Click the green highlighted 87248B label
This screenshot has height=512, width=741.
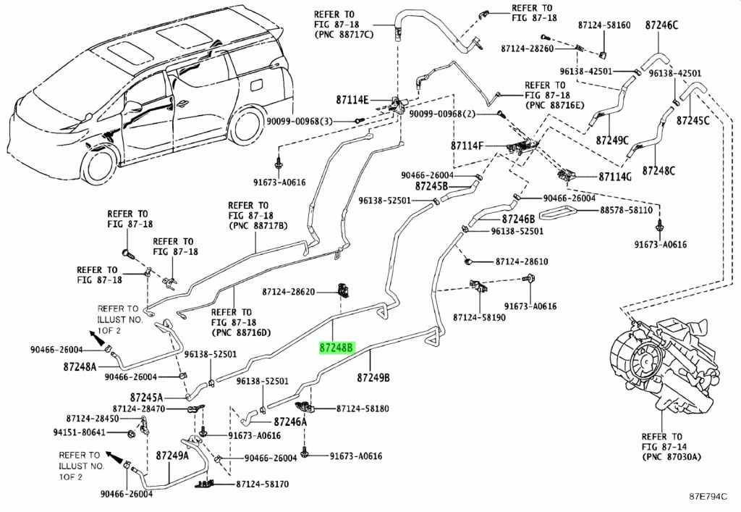(336, 348)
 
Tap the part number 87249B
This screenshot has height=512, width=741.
(373, 377)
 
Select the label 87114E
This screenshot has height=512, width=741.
(352, 100)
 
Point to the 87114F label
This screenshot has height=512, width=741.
(467, 146)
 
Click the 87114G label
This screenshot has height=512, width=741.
(615, 177)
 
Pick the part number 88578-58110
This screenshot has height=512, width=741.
(626, 210)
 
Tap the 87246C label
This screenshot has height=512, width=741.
(661, 25)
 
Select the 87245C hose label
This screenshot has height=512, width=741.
(693, 120)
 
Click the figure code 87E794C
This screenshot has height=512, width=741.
(708, 496)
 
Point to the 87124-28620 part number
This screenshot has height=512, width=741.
(288, 292)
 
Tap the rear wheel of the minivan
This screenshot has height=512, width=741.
(249, 127)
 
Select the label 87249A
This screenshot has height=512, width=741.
(172, 456)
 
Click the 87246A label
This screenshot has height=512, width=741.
(290, 421)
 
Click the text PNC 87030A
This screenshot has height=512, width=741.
(672, 457)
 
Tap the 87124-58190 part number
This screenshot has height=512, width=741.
(479, 317)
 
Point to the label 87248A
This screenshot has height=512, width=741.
(80, 366)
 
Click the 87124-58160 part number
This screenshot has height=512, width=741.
(604, 25)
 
